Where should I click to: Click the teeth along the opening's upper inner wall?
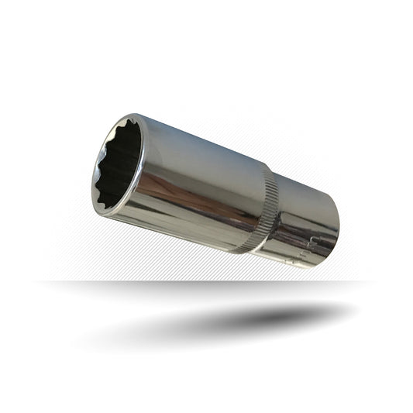coord(132,132)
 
